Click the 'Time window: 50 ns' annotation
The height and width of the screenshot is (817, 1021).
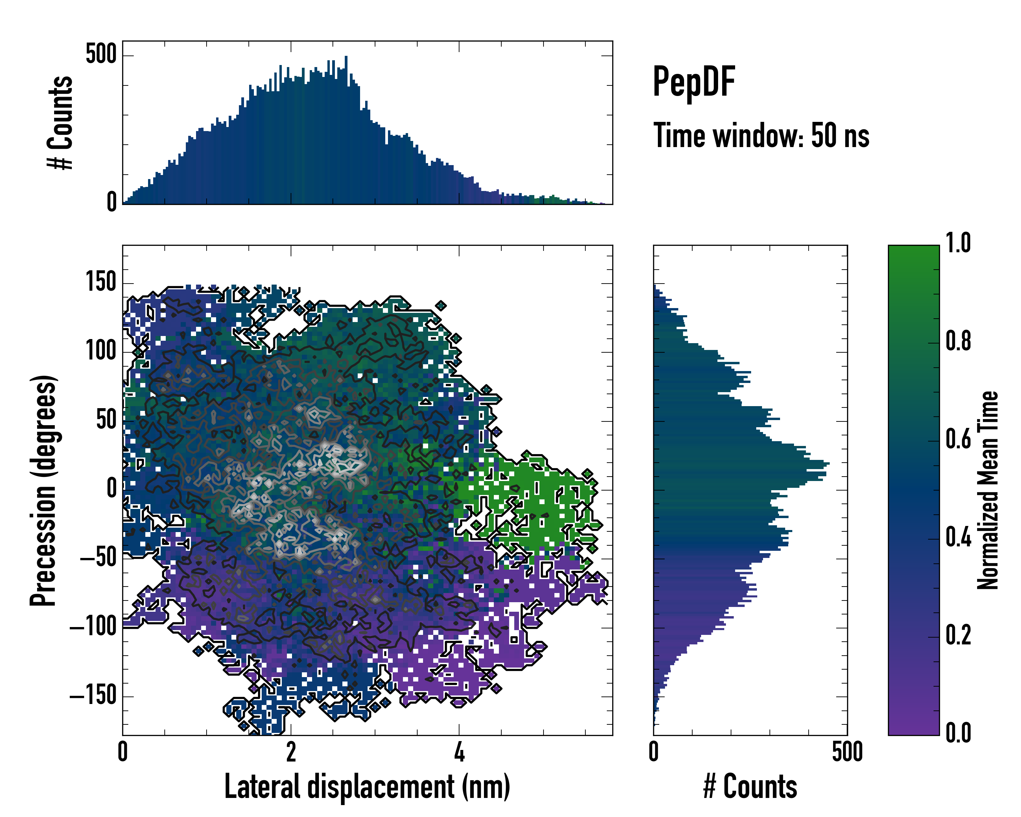[761, 135]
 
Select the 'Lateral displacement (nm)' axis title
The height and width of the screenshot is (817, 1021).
[367, 787]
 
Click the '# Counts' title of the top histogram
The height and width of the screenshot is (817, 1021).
[61, 123]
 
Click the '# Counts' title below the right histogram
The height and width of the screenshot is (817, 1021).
[750, 787]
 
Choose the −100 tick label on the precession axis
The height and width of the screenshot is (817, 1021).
[93, 627]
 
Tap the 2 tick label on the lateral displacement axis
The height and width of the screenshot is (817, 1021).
[291, 752]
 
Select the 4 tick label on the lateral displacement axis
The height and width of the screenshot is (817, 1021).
[459, 752]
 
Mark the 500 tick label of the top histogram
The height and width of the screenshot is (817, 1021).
[101, 54]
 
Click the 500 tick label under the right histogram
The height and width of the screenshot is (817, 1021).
[847, 752]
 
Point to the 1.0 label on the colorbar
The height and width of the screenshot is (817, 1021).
[958, 243]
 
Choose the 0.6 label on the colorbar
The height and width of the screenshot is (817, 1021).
[958, 439]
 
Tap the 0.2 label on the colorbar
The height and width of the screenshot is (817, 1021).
[958, 635]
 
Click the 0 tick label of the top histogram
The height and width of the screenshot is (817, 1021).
[112, 202]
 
